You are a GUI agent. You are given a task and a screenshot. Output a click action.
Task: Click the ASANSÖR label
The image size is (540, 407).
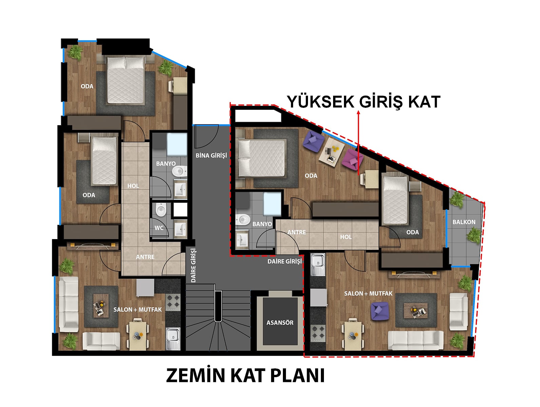tap(280, 323)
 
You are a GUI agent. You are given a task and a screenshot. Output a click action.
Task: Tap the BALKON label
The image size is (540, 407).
tap(464, 222)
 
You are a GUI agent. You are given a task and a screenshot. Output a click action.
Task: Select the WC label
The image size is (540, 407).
tap(159, 228)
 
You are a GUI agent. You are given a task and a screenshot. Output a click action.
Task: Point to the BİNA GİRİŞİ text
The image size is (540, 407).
tap(211, 156)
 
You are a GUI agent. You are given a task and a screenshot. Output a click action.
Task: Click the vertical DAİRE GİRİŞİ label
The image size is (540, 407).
tap(194, 265)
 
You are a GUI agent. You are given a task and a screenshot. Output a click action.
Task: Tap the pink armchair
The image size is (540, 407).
tap(352, 160)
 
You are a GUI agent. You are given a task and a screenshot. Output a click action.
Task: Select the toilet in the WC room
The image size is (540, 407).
tap(161, 210)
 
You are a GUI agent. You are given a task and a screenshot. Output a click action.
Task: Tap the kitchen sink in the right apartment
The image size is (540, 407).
tap(318, 265)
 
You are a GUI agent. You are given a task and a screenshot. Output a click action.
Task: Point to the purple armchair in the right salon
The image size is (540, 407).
tap(379, 311)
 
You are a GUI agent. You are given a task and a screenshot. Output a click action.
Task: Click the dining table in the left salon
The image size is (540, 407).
tap(137, 334)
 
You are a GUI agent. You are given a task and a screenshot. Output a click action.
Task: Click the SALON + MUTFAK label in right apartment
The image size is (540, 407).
tap(368, 293)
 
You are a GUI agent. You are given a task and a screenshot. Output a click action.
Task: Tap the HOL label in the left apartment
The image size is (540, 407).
tap(133, 186)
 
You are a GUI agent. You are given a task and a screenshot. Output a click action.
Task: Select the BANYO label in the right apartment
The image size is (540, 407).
tap(262, 224)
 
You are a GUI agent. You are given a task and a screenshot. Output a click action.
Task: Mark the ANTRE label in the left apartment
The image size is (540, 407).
tap(145, 257)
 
